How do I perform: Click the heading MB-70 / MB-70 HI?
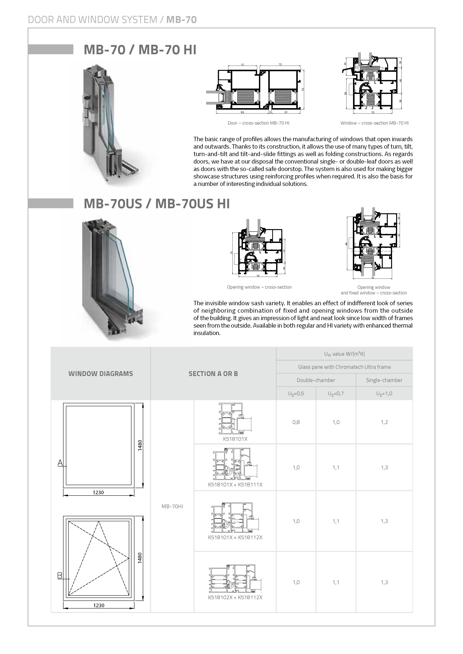point(140,50)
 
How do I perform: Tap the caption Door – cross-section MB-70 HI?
point(258,123)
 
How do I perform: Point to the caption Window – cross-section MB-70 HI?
point(374,123)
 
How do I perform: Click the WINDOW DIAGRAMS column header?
point(100,374)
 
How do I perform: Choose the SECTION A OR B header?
point(213,374)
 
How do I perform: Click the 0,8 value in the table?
point(296,422)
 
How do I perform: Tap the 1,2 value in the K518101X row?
point(384,422)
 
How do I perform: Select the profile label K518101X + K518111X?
point(235,485)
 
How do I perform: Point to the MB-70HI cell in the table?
point(172,506)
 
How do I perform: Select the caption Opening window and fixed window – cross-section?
point(374,290)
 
